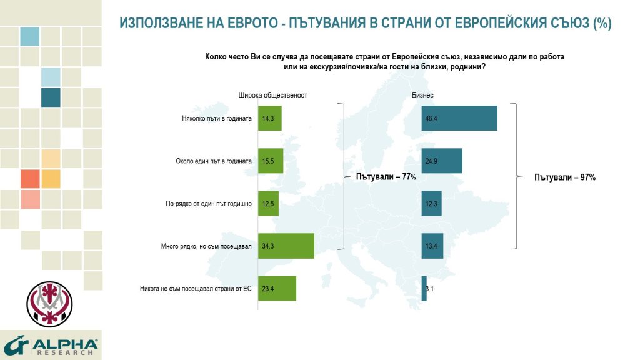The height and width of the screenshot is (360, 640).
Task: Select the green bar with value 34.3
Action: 286,246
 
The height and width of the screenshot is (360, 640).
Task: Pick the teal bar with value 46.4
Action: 459,118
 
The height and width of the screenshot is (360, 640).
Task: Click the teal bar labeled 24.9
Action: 442,161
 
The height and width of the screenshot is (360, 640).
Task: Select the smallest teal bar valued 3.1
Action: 424,289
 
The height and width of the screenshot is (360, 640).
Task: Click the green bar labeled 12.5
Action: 268,203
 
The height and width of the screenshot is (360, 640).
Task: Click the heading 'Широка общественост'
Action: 273,95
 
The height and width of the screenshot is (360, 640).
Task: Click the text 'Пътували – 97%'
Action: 565,177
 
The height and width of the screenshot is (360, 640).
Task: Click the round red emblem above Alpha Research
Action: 49,304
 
